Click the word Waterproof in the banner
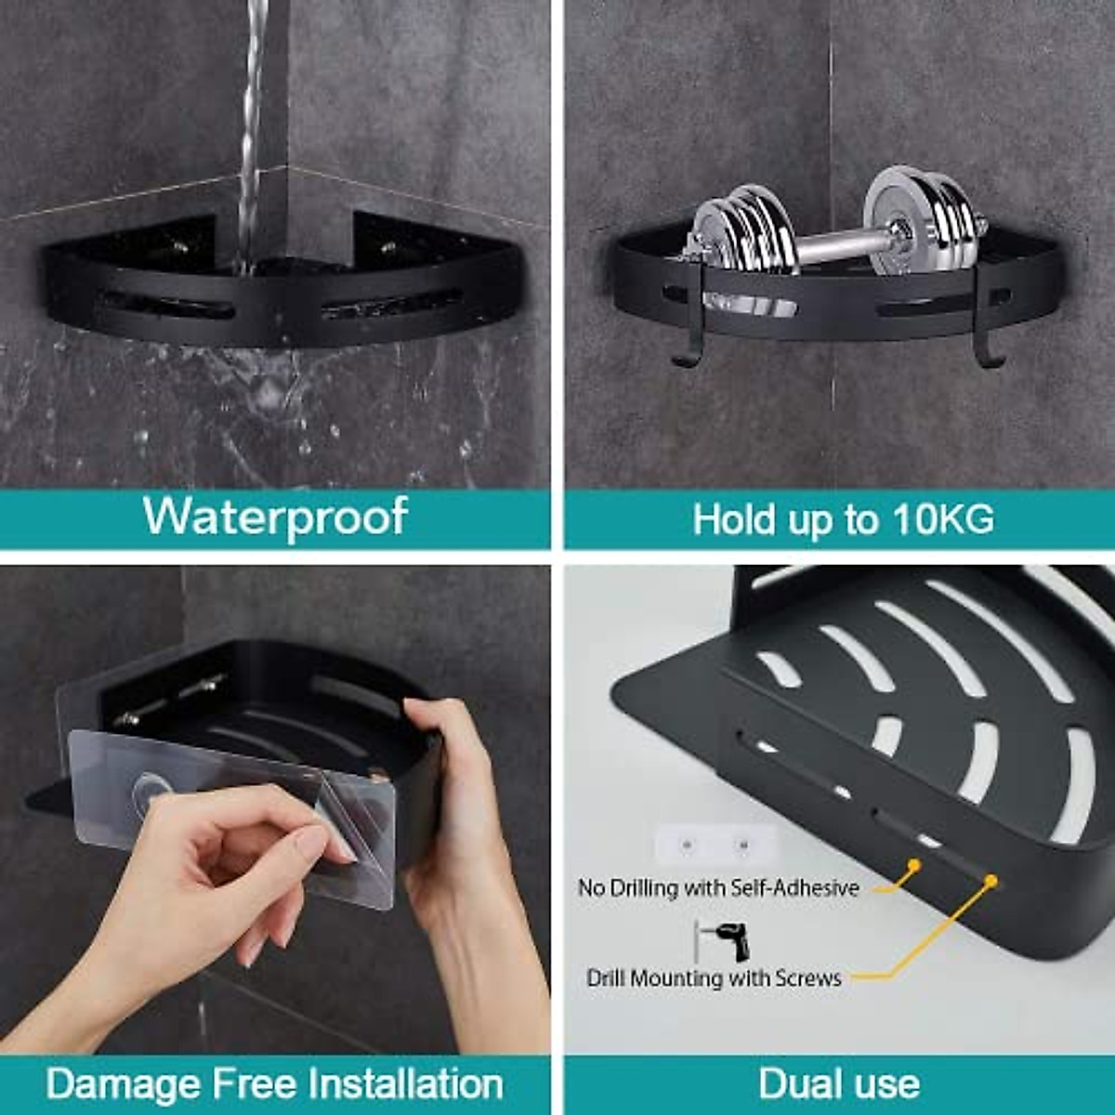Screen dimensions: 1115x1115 click(x=275, y=516)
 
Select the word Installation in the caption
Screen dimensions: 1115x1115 click(x=405, y=1083)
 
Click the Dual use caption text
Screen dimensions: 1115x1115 click(x=838, y=1083)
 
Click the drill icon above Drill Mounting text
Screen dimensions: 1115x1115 click(x=724, y=941)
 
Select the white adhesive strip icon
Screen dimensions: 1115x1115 click(x=714, y=846)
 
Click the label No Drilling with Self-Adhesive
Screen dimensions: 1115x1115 click(x=717, y=888)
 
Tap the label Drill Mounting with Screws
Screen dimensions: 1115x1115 click(x=714, y=978)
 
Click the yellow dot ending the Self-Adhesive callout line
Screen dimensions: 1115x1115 click(x=914, y=865)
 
